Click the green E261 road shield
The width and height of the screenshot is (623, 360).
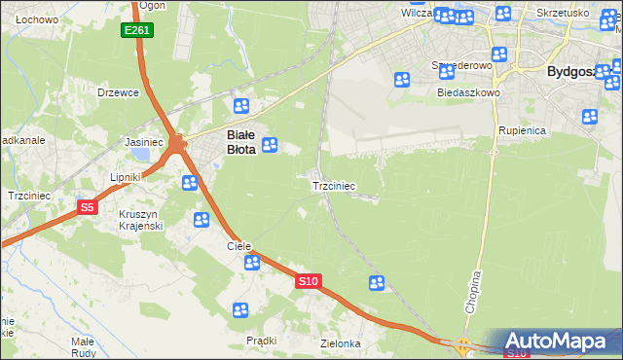[137, 31]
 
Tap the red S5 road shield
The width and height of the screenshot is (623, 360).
[88, 207]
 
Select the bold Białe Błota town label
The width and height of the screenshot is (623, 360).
[240, 143]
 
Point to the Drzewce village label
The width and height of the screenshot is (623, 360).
[119, 92]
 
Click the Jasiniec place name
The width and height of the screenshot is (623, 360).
[143, 142]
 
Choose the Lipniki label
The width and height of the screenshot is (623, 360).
[126, 177]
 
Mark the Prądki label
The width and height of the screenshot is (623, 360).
[262, 341]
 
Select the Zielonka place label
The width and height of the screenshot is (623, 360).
[341, 343]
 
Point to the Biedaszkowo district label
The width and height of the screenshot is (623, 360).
[468, 92]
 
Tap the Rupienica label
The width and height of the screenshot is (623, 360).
[522, 129]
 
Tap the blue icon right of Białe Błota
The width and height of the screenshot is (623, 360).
[271, 146]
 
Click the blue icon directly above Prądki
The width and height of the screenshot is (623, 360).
[240, 310]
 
